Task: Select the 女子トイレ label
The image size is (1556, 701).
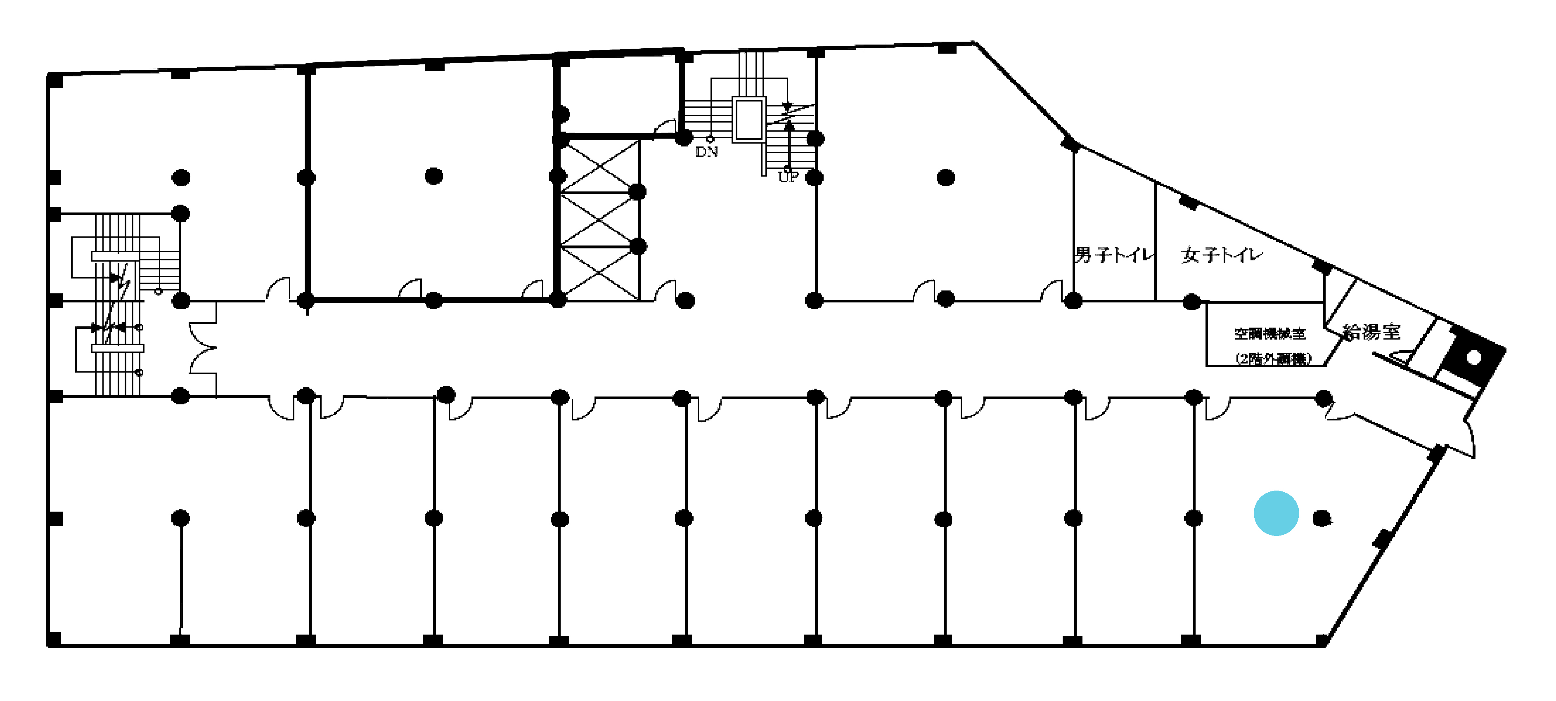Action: point(1221,255)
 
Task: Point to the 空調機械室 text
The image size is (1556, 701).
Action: point(1269,333)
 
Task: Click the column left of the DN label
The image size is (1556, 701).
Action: point(683,138)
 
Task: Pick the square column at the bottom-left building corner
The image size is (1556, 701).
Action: point(54,639)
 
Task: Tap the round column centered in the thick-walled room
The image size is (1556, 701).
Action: point(434,176)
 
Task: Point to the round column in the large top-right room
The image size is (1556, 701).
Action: point(945,177)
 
